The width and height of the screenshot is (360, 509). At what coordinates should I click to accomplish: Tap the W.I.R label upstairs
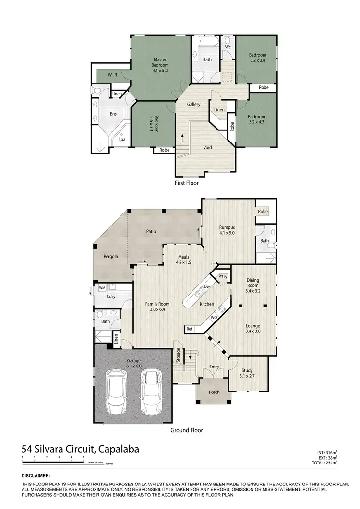[x=112, y=75]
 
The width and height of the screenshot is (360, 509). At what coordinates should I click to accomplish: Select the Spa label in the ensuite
[x=122, y=140]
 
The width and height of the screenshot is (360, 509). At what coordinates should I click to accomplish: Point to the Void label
[x=208, y=147]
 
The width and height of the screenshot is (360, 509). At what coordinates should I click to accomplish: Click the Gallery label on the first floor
[x=194, y=104]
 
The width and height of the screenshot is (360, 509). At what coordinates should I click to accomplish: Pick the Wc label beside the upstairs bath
[x=228, y=47]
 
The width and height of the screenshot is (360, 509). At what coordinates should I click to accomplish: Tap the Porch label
[x=214, y=392]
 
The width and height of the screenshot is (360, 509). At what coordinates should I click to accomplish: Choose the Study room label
[x=247, y=372]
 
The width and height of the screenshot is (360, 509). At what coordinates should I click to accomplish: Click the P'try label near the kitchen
[x=222, y=277]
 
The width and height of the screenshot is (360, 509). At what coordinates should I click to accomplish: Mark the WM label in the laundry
[x=102, y=287]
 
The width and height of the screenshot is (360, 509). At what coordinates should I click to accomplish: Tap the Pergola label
[x=110, y=256]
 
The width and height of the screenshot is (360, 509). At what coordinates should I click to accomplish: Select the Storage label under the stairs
[x=178, y=355]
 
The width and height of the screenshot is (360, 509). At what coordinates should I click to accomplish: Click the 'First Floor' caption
[x=187, y=183]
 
